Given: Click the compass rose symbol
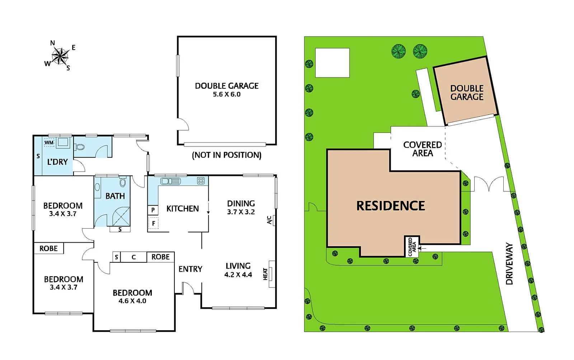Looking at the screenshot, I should click(x=60, y=56).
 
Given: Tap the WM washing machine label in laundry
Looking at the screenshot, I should click(x=49, y=142).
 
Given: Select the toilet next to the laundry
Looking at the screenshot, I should click(x=80, y=147).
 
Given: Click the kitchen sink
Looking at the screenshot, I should click(x=170, y=181).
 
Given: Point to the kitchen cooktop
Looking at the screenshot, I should click(x=201, y=181).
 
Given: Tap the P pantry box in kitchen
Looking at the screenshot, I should click(x=153, y=210).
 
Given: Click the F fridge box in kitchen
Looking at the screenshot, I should click(x=154, y=224).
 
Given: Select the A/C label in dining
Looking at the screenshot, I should click(x=269, y=220).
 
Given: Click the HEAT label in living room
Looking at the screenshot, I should click(x=265, y=274).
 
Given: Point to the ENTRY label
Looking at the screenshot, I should click(x=190, y=269).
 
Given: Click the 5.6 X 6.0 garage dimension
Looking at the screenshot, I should click(x=227, y=94).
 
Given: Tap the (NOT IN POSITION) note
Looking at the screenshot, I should click(x=227, y=155).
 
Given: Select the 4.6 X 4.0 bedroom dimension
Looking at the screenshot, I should click(x=132, y=301).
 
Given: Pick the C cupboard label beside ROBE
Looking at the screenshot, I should click(x=133, y=257).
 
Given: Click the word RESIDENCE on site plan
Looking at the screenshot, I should click(x=391, y=206).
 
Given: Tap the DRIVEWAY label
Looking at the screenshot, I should click(x=509, y=264).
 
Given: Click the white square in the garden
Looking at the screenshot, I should click(x=332, y=63).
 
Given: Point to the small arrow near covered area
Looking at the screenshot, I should click(x=423, y=248).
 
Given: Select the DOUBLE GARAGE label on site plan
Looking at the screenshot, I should click(x=467, y=93).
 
